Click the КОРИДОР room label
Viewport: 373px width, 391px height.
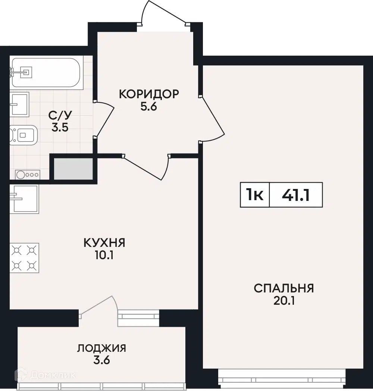click(149, 94)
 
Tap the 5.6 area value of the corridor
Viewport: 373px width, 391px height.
click(149, 107)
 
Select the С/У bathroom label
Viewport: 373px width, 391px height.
click(60, 115)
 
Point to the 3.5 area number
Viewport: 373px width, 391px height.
click(60, 128)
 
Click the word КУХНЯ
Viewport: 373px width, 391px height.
click(104, 243)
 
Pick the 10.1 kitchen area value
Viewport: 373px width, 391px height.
click(104, 255)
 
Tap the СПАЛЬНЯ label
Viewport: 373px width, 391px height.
click(284, 288)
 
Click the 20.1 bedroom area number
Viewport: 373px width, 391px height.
click(284, 301)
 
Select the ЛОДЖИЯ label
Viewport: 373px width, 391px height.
click(101, 348)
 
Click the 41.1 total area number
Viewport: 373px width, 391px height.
click(296, 195)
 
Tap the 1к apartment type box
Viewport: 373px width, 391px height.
click(255, 195)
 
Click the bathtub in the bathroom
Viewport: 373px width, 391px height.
click(45, 72)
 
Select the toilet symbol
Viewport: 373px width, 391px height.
click(23, 135)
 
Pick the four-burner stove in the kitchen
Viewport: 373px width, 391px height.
click(24, 258)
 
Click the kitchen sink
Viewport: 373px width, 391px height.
click(24, 199)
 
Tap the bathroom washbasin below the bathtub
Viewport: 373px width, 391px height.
click(19, 104)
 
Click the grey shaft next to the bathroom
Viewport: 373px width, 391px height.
click(73, 168)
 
